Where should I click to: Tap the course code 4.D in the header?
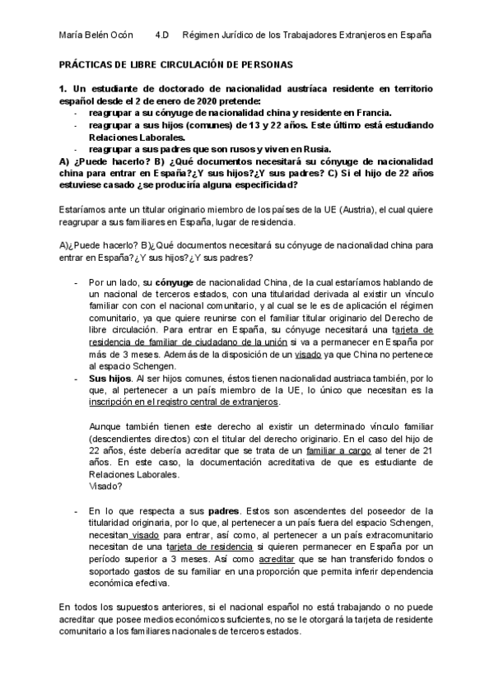click(161, 35)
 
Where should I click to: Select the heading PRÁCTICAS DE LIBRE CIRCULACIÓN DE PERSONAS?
click(176, 63)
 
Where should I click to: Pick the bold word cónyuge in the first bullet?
click(174, 282)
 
